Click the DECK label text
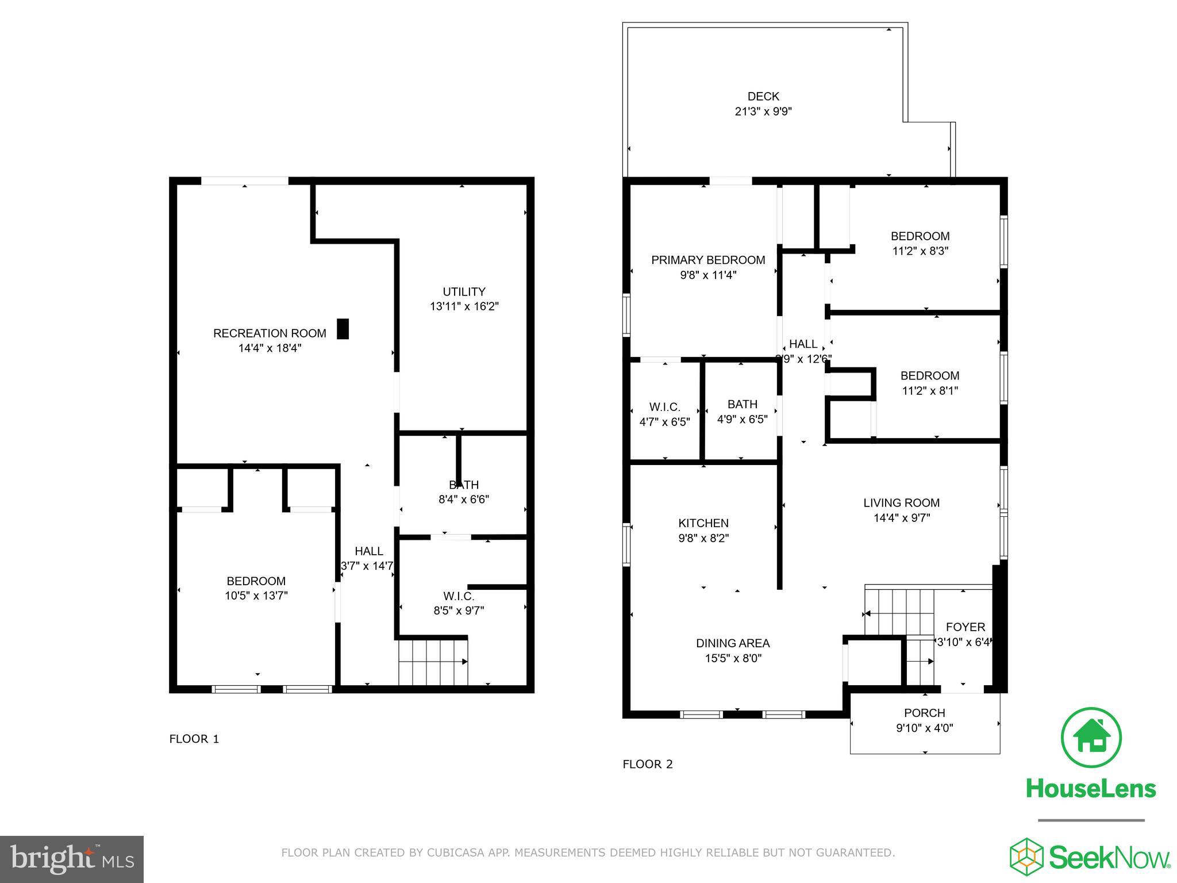pyautogui.click(x=763, y=96)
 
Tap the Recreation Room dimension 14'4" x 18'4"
pyautogui.click(x=270, y=348)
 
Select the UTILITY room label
pyautogui.click(x=464, y=291)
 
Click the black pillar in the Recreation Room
pyautogui.click(x=343, y=329)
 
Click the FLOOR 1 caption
pyautogui.click(x=194, y=739)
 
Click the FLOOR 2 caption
pyautogui.click(x=647, y=764)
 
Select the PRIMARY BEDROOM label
pyautogui.click(x=707, y=260)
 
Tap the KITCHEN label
pyautogui.click(x=703, y=523)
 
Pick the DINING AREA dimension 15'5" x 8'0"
pyautogui.click(x=733, y=658)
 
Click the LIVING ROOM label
pyautogui.click(x=901, y=502)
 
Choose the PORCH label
pyautogui.click(x=924, y=713)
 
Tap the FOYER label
pyautogui.click(x=965, y=627)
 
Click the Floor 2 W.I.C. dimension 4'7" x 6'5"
pyautogui.click(x=664, y=422)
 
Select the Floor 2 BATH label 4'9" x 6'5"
pyautogui.click(x=742, y=404)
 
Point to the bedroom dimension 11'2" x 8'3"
pyautogui.click(x=920, y=251)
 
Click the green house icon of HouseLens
pyautogui.click(x=1090, y=738)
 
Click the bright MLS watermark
pyautogui.click(x=72, y=859)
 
